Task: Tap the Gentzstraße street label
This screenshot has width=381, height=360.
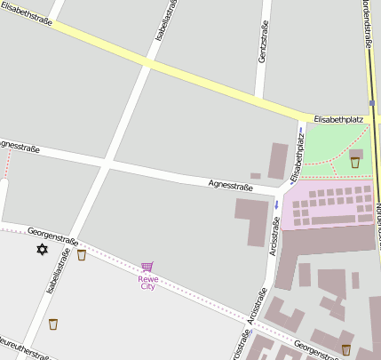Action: point(263,44)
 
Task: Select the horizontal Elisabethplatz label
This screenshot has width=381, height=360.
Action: point(338,118)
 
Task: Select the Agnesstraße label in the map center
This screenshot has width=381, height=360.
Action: point(230,186)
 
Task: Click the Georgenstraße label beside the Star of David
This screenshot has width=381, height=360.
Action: point(53,236)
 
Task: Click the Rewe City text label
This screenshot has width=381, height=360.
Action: point(147,283)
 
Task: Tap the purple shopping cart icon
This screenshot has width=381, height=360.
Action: point(147,267)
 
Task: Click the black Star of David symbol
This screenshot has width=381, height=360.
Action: point(41,250)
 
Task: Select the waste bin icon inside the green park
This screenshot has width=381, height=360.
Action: point(355,162)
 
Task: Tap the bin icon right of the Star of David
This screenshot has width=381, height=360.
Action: point(82,255)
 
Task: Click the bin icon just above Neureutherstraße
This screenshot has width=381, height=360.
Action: point(52,324)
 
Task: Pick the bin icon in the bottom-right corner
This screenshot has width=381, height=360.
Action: point(345,348)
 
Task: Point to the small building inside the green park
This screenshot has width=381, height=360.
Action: point(355,154)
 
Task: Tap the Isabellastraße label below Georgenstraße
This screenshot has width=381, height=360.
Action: point(59,271)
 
